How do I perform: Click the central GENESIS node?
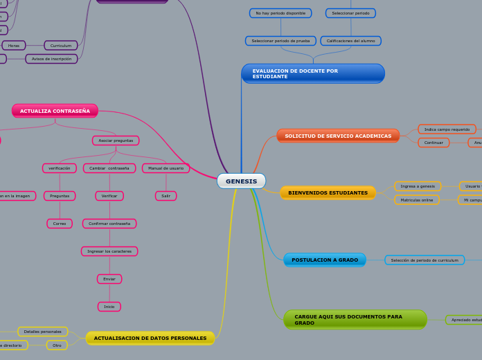pos(241,181)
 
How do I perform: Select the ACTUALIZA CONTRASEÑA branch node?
pos(55,111)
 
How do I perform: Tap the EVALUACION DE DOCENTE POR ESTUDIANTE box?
pos(312,73)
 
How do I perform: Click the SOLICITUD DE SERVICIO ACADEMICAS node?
pos(338,136)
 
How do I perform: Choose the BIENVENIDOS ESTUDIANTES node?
pos(328,192)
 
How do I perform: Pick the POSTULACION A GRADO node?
pos(325,260)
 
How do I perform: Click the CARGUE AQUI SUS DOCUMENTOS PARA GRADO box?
pos(355,319)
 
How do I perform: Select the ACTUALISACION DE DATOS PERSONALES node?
pos(150,338)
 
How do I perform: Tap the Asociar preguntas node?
pos(116,141)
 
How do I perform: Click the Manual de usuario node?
pos(166,168)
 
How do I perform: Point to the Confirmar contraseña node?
pos(109,224)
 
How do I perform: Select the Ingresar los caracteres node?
pos(109,251)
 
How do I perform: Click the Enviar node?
pos(109,279)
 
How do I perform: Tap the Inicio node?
pos(109,307)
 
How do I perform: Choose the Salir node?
pos(166,196)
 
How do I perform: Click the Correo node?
pos(60,224)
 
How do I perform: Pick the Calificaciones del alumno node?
pos(350,41)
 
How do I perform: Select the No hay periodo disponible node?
pos(280,13)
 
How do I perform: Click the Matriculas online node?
pos(417,199)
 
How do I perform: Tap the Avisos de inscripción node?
pos(51,59)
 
